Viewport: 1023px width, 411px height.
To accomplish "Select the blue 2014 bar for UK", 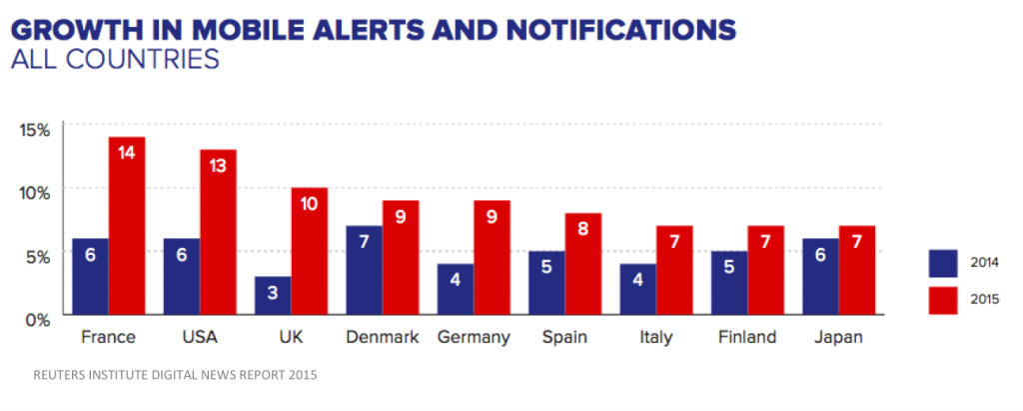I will [x=273, y=296].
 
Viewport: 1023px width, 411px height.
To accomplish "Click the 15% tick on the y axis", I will [x=36, y=128].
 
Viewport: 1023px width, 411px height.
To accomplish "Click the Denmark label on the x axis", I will [x=382, y=338].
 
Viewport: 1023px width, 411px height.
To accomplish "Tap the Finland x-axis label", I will [x=746, y=338].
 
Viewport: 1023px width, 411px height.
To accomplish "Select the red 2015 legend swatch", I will [x=941, y=299].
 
